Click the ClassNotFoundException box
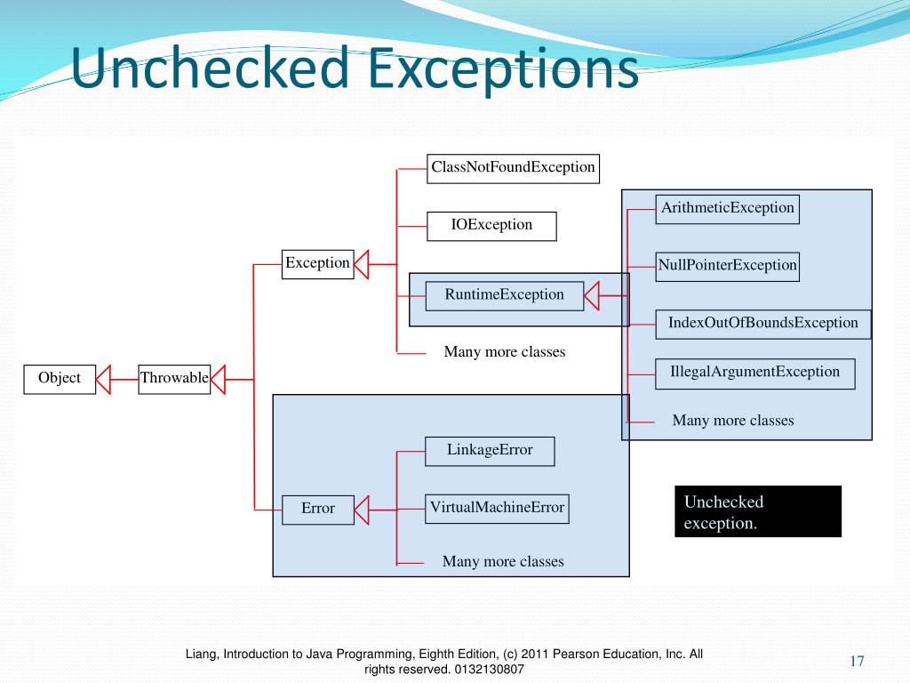coord(513,168)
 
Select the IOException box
coord(491,226)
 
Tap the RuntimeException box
coord(504,295)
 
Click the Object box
coord(60,379)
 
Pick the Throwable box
coord(174,379)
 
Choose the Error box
coord(317,509)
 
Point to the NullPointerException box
coord(728,266)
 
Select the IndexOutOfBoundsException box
coord(763,324)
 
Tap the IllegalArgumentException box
coord(754,373)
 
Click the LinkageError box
coord(490,451)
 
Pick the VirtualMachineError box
coord(497,509)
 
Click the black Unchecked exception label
coord(758,511)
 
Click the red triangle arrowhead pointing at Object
coord(104,379)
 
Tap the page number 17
coord(857,661)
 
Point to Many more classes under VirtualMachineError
coord(503,562)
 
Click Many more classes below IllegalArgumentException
coord(733,422)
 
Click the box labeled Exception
coord(317,264)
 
